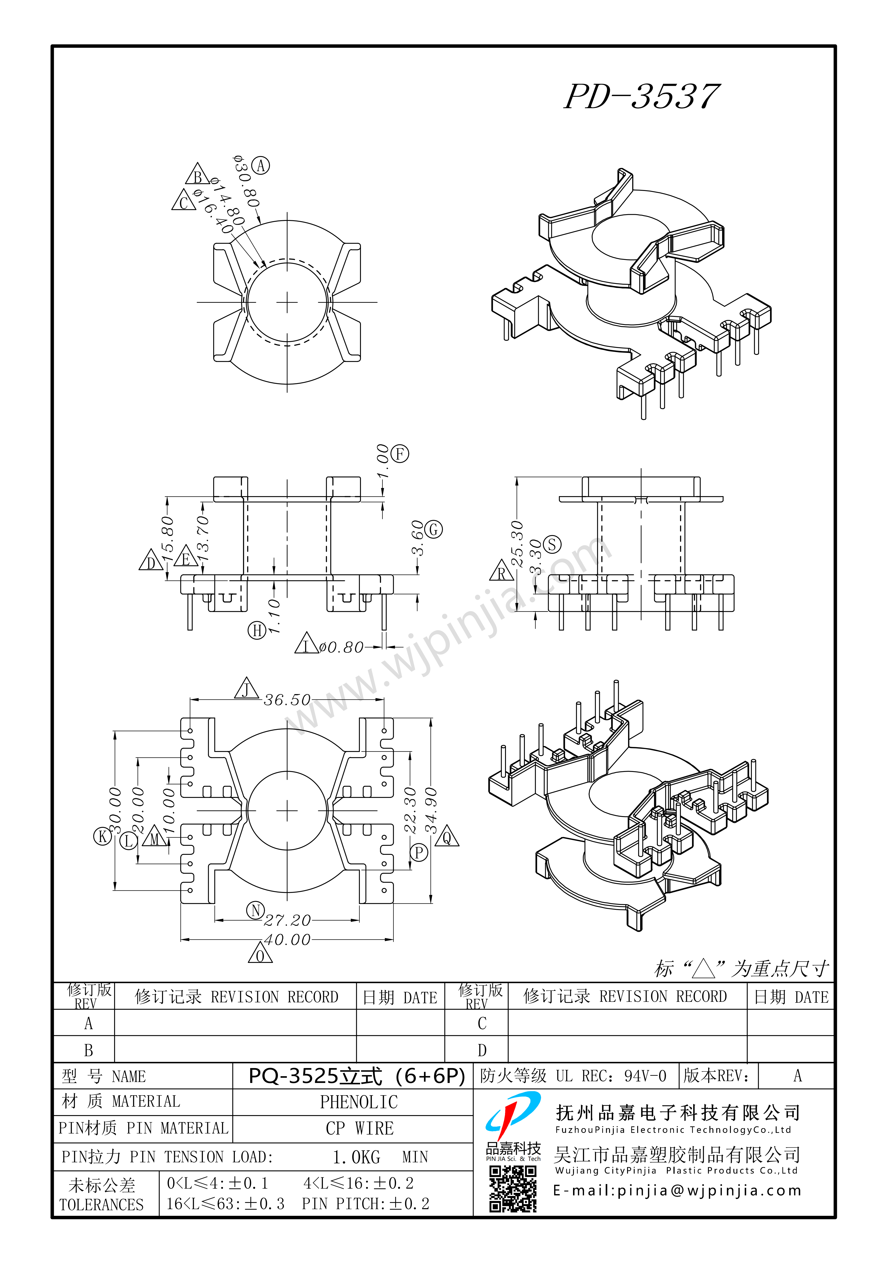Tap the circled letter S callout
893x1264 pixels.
point(552,545)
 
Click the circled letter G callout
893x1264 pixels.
point(434,530)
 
